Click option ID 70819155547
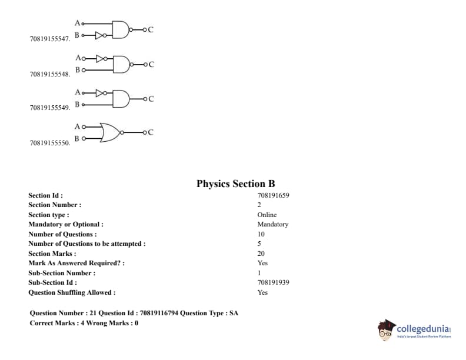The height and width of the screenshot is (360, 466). point(49,39)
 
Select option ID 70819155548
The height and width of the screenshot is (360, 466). point(49,75)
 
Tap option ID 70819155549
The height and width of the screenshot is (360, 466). point(49,108)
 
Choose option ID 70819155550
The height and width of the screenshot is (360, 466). point(49,143)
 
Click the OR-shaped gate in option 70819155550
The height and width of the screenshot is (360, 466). point(110,132)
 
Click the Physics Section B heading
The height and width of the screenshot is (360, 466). point(235,184)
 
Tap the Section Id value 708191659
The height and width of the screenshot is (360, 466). point(273,195)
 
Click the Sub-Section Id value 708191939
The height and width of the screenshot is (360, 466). point(273,282)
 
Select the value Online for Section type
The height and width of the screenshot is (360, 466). point(267,215)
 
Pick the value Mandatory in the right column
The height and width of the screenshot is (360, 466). point(272,224)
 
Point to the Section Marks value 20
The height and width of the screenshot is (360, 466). point(261,254)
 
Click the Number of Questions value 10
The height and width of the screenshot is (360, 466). point(261,234)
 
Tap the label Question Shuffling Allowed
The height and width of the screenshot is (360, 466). point(72,292)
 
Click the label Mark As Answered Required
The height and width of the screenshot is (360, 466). point(76,263)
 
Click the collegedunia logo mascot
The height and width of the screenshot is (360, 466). point(386,329)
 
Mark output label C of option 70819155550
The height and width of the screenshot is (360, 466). point(151,132)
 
